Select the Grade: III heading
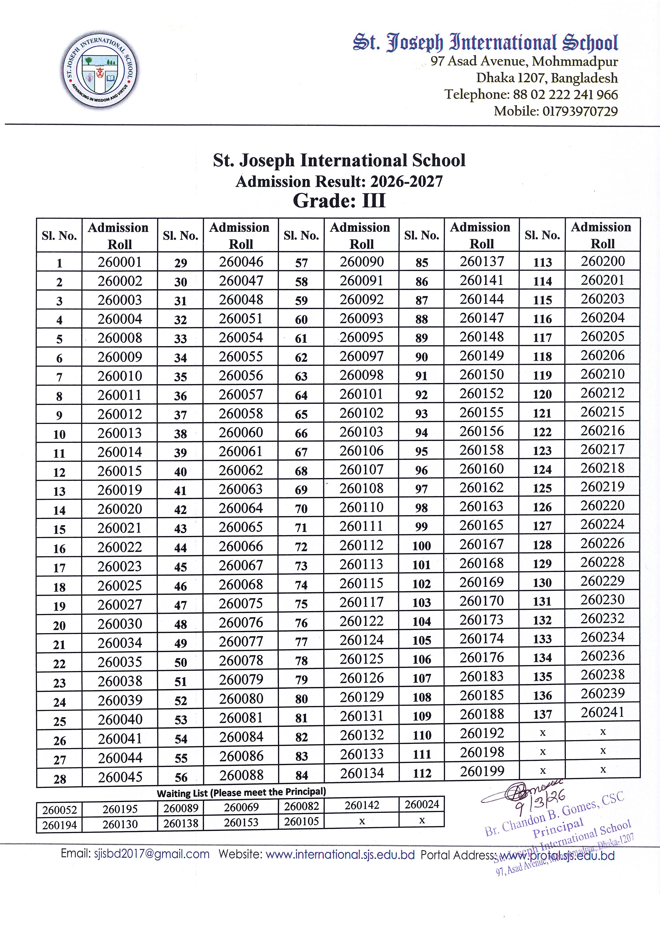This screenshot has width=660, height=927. coord(339,201)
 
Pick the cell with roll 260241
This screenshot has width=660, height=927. coord(602,712)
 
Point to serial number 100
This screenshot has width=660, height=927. coord(422,546)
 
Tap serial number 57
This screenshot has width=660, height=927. coord(301,263)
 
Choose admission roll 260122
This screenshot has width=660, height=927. coord(361,621)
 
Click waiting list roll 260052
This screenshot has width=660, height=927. coord(59,810)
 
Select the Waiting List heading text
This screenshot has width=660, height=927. coord(241,792)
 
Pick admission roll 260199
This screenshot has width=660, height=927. coord(482,771)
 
